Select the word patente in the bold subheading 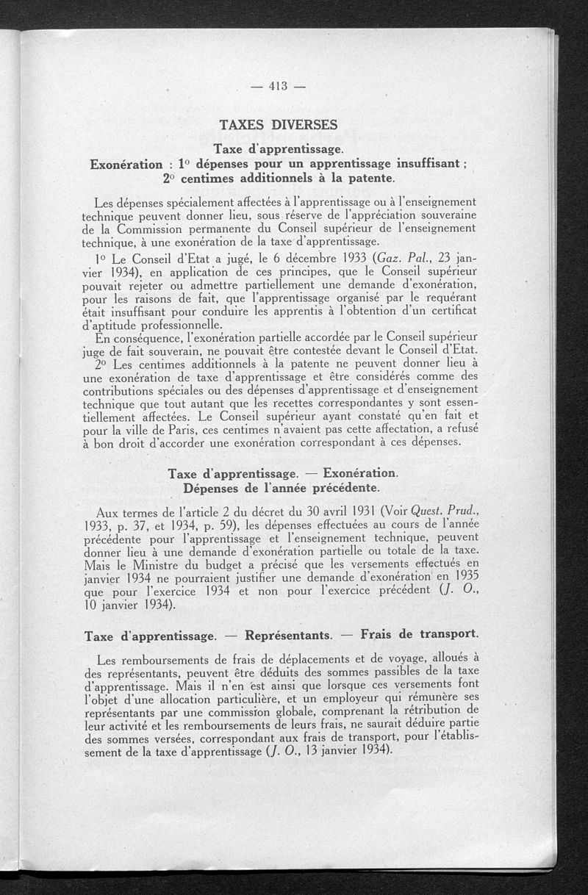[x=366, y=177]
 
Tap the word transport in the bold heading [x=441, y=633]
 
